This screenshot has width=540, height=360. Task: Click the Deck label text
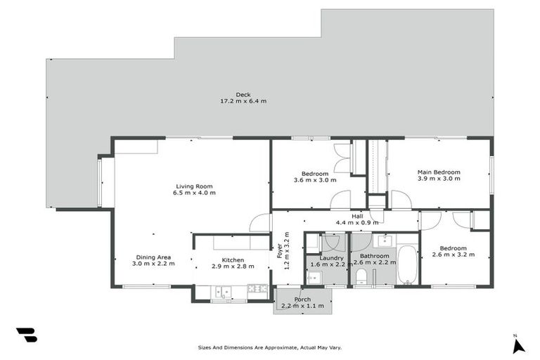click(x=243, y=94)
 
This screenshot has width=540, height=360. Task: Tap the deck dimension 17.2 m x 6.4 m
click(x=243, y=101)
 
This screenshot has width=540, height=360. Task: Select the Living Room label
click(x=195, y=186)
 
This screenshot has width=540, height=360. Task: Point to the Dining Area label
click(x=153, y=257)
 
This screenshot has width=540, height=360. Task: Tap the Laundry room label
click(x=331, y=257)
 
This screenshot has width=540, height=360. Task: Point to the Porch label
click(x=302, y=300)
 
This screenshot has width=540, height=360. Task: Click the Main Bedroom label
click(x=439, y=172)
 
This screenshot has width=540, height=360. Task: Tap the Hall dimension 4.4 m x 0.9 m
click(x=358, y=223)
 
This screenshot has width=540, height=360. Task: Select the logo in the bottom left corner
click(x=26, y=335)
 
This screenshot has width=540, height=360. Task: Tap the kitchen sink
click(x=223, y=290)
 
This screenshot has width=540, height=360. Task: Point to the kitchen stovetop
click(x=257, y=288)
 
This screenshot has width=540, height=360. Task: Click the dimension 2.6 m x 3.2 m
click(x=454, y=255)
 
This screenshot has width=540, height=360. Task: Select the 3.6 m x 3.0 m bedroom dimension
click(x=315, y=179)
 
